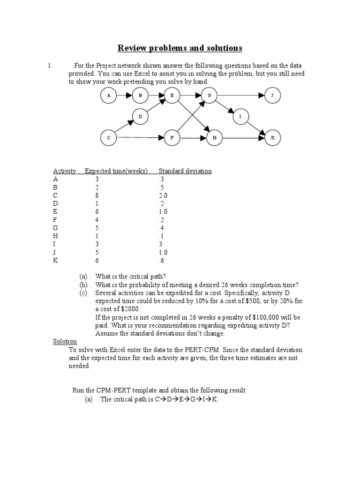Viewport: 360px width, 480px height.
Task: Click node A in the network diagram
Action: pyautogui.click(x=109, y=96)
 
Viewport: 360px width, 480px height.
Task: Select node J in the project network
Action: pyautogui.click(x=272, y=96)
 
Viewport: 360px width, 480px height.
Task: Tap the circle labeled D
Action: pyautogui.click(x=140, y=116)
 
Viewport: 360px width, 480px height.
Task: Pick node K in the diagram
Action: pyautogui.click(x=272, y=138)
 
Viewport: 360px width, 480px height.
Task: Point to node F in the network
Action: pyautogui.click(x=172, y=138)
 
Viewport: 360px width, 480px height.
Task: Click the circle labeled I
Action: pyautogui.click(x=240, y=116)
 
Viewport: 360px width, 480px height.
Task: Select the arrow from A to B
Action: pyautogui.click(x=124, y=96)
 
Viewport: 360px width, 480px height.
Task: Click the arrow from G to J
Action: pyautogui.click(x=240, y=96)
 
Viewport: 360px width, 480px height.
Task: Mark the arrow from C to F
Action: pyautogui.click(x=141, y=138)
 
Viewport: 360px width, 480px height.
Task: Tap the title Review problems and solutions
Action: pyautogui.click(x=180, y=48)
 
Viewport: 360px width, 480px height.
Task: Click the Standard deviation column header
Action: pyautogui.click(x=185, y=171)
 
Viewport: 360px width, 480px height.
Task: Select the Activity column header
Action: pyautogui.click(x=65, y=171)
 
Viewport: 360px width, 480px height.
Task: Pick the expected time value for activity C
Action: pyautogui.click(x=97, y=195)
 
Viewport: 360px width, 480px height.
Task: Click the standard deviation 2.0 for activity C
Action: pyautogui.click(x=163, y=195)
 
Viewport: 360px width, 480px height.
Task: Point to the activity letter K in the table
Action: pyautogui.click(x=56, y=260)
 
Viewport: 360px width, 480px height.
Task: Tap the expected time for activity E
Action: pyautogui.click(x=97, y=211)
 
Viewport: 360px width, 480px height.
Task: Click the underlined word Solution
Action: pyautogui.click(x=65, y=342)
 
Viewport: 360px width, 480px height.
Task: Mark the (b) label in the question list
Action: pyautogui.click(x=83, y=285)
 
